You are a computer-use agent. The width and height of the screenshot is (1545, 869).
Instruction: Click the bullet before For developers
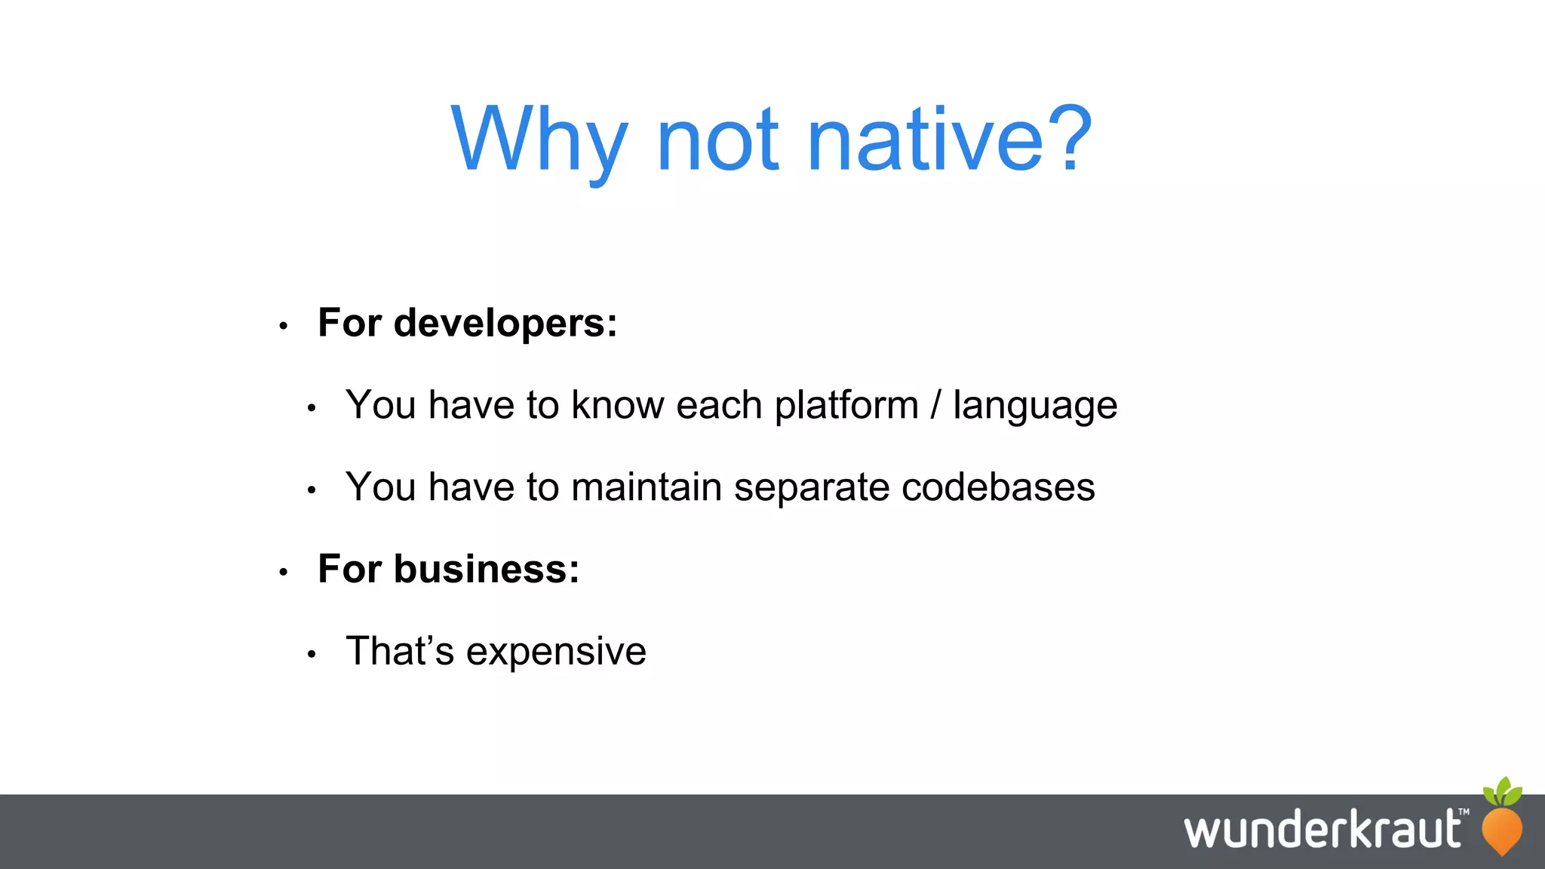click(x=284, y=327)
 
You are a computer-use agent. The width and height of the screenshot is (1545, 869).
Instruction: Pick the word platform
click(x=846, y=406)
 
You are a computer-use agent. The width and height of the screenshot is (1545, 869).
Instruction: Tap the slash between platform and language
click(x=935, y=405)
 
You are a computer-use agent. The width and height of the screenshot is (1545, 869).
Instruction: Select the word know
click(x=617, y=405)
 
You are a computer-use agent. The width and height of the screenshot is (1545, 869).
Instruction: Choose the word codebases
click(x=998, y=487)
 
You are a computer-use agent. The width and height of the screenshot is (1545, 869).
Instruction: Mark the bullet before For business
click(x=284, y=573)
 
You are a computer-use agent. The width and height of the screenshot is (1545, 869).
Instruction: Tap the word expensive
click(x=556, y=653)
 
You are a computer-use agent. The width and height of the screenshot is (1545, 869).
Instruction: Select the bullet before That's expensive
click(x=312, y=655)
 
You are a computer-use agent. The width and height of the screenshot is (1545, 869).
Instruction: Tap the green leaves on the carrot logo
click(x=1503, y=791)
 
